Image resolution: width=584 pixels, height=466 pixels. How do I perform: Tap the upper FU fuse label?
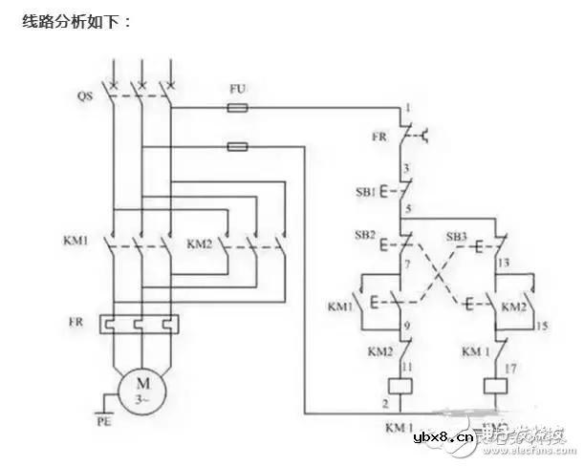coord(239,89)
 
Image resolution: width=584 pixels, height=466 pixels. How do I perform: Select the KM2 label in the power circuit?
coord(200,241)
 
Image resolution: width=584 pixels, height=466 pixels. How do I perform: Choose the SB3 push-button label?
coord(458,235)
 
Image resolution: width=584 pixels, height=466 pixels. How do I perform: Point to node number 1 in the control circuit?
coord(407,108)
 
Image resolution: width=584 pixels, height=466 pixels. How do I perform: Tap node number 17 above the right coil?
coord(508,366)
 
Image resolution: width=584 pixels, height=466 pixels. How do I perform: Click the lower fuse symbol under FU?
coord(239,146)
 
